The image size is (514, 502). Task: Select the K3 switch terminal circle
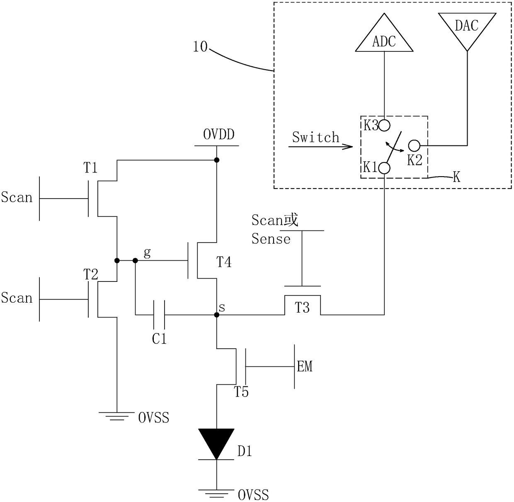[x=384, y=126]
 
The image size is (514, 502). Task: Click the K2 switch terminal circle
[x=414, y=146]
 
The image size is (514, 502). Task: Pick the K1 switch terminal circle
[x=384, y=168]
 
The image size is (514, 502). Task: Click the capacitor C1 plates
[x=159, y=315]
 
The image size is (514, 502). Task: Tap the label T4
[x=224, y=262]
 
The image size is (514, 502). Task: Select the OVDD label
[x=219, y=134]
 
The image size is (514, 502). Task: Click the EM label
[x=305, y=366]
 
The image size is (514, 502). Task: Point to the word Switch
[x=315, y=137]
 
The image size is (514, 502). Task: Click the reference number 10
[x=200, y=46]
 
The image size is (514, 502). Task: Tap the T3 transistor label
[x=302, y=308]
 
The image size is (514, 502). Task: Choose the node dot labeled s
[x=217, y=315]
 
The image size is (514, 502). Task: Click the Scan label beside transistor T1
[x=17, y=197]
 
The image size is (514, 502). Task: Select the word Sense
[x=271, y=239]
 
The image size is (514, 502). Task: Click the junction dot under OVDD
[x=217, y=160]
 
